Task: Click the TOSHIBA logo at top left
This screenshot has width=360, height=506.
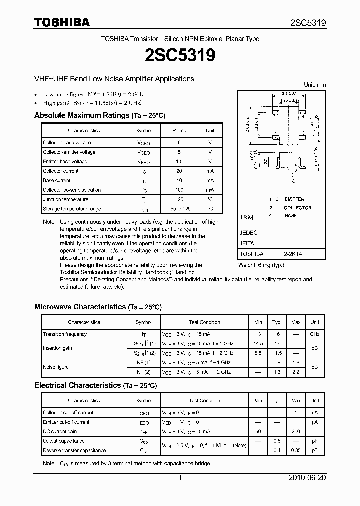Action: pos(62,23)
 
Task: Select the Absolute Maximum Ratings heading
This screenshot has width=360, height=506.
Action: pos(99,115)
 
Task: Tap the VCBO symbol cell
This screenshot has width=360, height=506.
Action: pos(143,143)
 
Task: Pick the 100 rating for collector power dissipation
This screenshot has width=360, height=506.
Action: pos(179,190)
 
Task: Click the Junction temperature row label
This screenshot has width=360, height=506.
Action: pos(66,199)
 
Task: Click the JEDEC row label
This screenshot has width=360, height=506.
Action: pos(249,233)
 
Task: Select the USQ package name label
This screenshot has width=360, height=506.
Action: pos(247,217)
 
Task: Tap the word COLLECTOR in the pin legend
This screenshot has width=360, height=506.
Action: pos(297,207)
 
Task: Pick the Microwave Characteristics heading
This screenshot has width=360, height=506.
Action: pos(98,307)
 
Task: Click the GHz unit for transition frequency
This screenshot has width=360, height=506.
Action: pos(314,334)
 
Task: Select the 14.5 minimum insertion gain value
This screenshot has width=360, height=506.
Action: pos(258,344)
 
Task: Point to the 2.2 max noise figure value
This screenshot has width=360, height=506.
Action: pos(296,372)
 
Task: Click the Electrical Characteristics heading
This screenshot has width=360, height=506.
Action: pos(95,385)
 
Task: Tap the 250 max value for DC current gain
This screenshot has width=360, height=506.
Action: pos(296,431)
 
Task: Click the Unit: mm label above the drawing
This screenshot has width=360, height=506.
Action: pos(315,85)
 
